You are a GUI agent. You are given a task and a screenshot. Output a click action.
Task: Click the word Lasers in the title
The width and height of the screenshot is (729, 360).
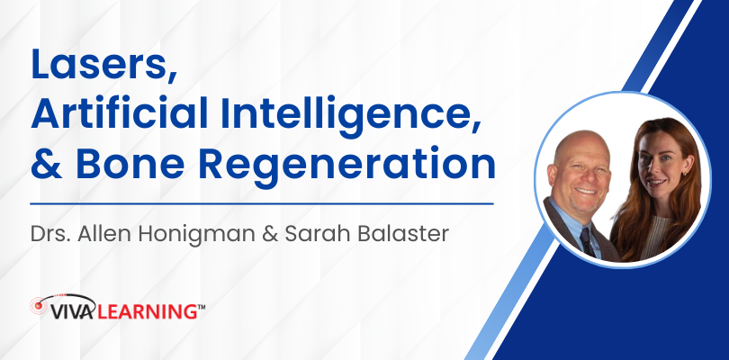(103, 64)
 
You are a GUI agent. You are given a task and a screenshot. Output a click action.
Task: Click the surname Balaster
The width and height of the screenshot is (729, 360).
(401, 233)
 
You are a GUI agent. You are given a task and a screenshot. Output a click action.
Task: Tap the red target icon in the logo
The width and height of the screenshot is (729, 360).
(38, 306)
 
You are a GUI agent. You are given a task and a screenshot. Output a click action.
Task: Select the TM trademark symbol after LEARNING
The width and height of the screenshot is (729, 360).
(202, 307)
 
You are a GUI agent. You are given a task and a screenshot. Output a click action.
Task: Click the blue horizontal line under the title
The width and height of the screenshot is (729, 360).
(262, 203)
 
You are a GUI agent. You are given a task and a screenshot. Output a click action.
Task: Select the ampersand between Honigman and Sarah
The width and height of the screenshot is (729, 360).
(269, 234)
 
